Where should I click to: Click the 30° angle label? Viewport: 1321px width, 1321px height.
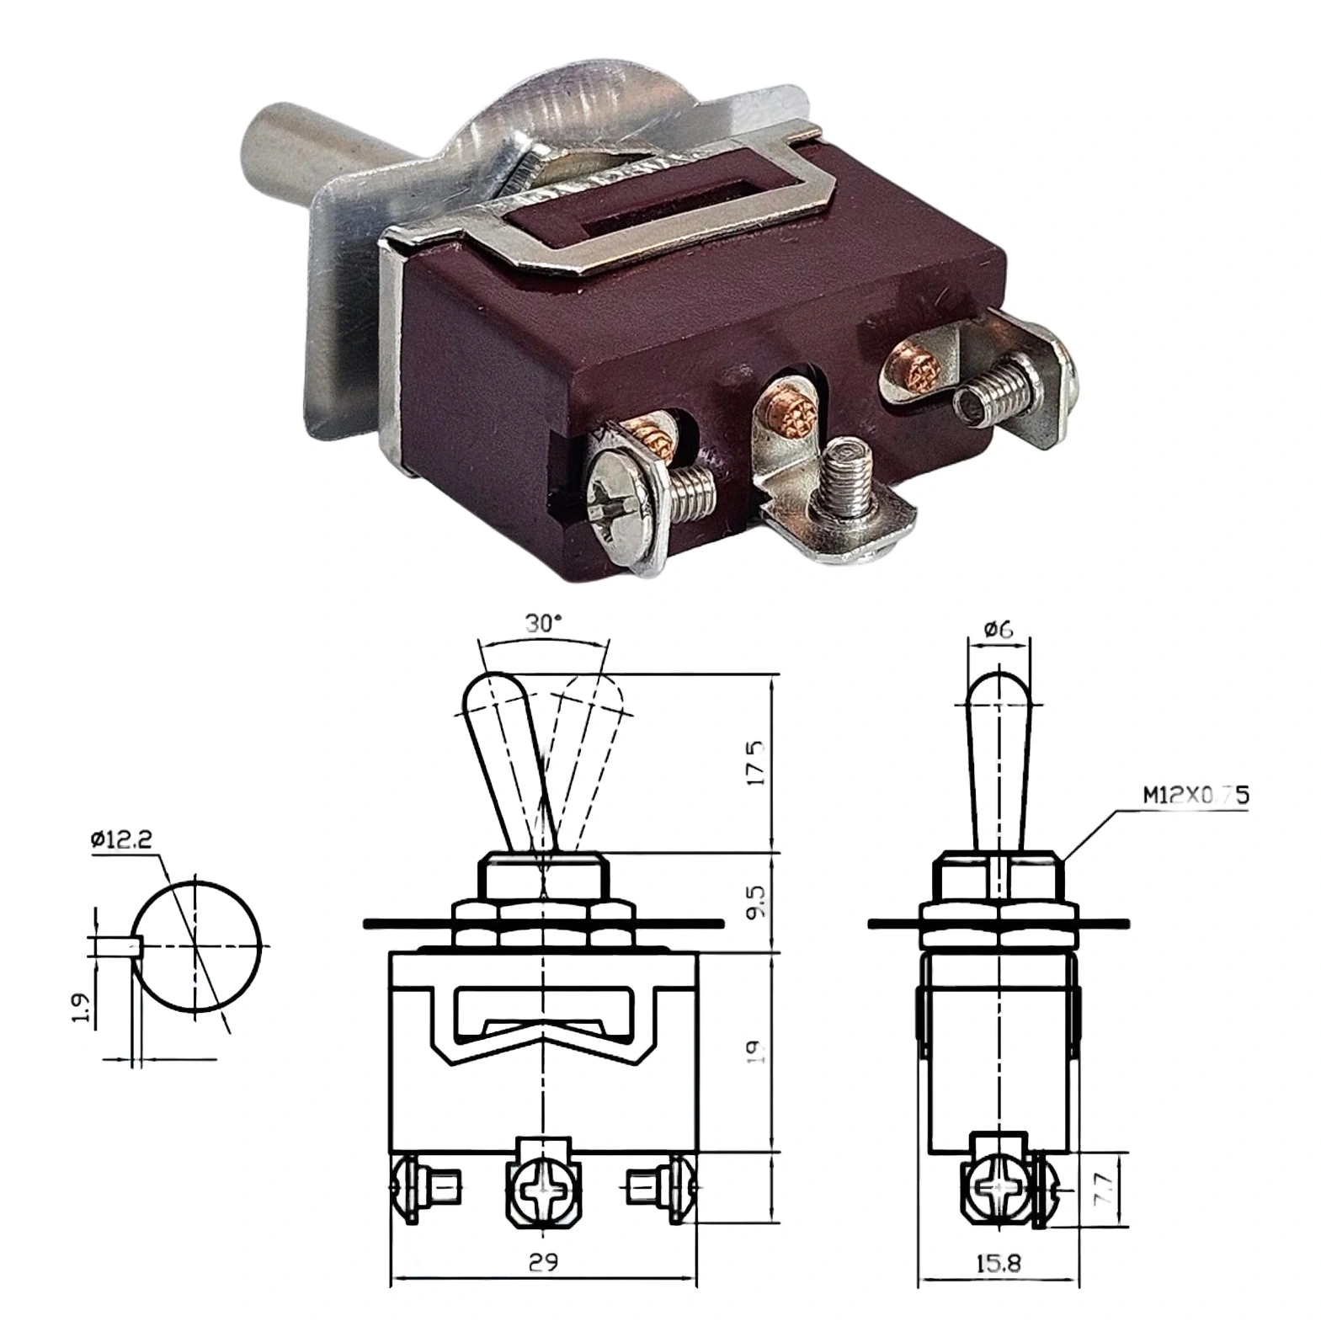pos(542,624)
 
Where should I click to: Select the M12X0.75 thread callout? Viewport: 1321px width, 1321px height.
pos(1195,794)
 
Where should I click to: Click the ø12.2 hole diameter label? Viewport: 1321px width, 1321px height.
pos(122,839)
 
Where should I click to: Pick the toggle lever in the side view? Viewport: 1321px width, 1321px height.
pos(999,758)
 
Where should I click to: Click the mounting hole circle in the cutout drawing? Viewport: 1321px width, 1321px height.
pos(199,945)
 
